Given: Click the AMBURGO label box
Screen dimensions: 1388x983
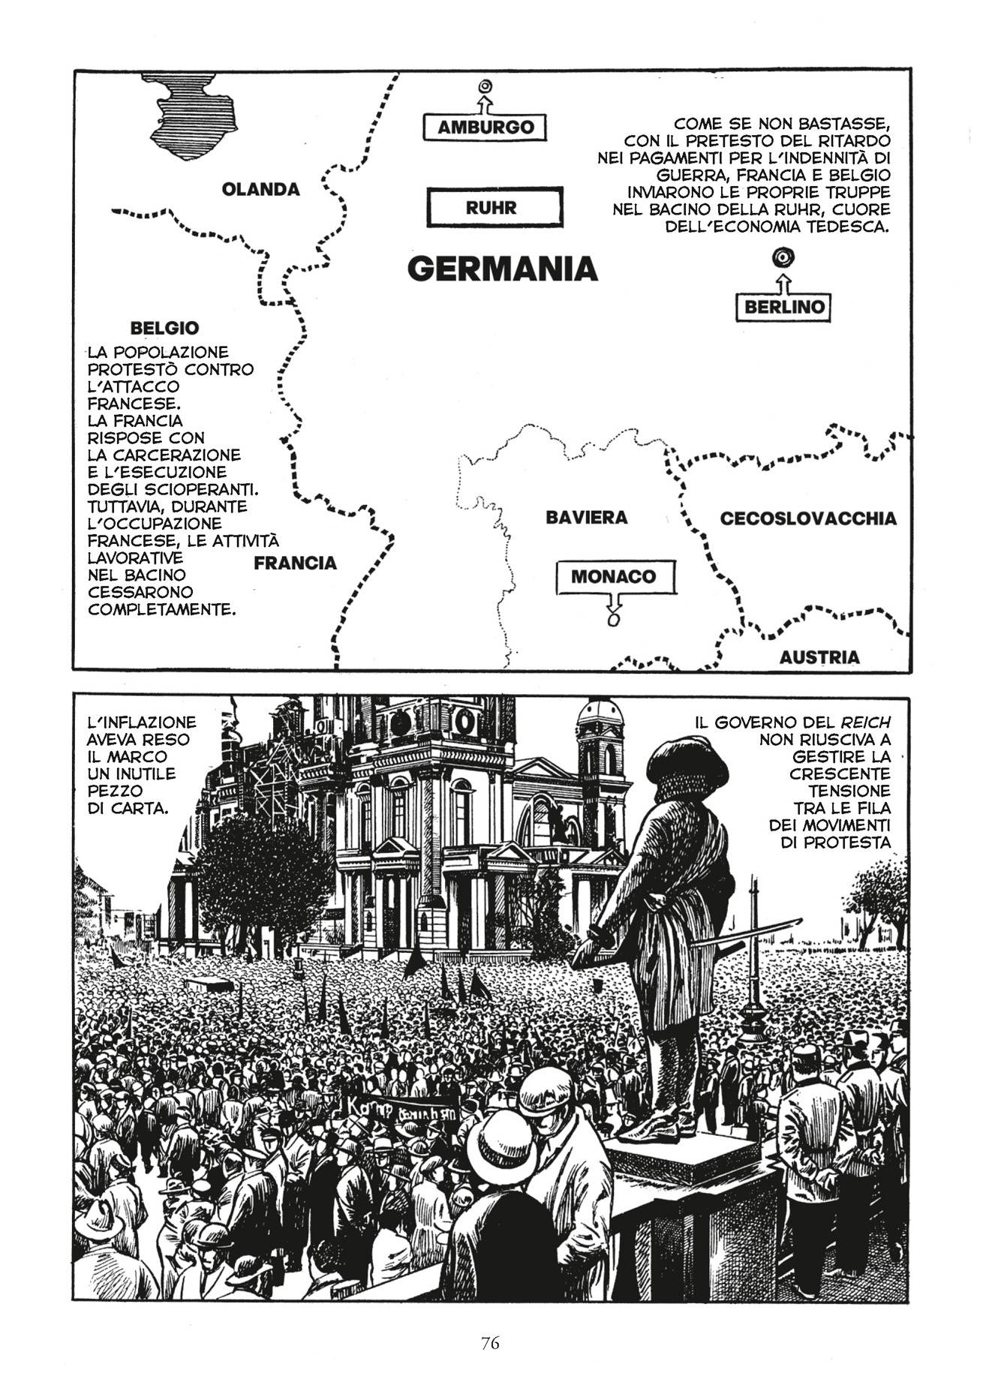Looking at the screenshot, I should click(x=485, y=127).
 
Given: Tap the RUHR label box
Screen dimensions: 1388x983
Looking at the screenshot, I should click(x=495, y=207).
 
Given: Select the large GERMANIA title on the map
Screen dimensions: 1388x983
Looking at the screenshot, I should click(x=502, y=268).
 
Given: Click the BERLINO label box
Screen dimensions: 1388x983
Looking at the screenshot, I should click(x=783, y=307).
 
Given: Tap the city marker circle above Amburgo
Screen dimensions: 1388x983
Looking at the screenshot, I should click(x=485, y=86).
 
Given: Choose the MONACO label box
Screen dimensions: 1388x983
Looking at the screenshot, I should click(x=614, y=577).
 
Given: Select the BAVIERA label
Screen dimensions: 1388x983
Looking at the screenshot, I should click(x=586, y=518).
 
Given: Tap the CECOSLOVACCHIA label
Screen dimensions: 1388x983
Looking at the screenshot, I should click(x=808, y=518).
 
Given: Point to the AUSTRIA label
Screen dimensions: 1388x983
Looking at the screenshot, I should click(x=819, y=657).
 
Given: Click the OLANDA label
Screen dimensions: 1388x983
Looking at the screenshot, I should click(x=261, y=189).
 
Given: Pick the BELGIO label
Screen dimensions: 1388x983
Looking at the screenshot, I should click(x=164, y=328).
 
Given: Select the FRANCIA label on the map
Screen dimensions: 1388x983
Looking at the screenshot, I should click(x=295, y=563).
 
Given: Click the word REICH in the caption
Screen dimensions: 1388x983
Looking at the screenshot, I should click(x=865, y=723).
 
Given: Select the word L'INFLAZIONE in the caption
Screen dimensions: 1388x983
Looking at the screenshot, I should click(x=142, y=722).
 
